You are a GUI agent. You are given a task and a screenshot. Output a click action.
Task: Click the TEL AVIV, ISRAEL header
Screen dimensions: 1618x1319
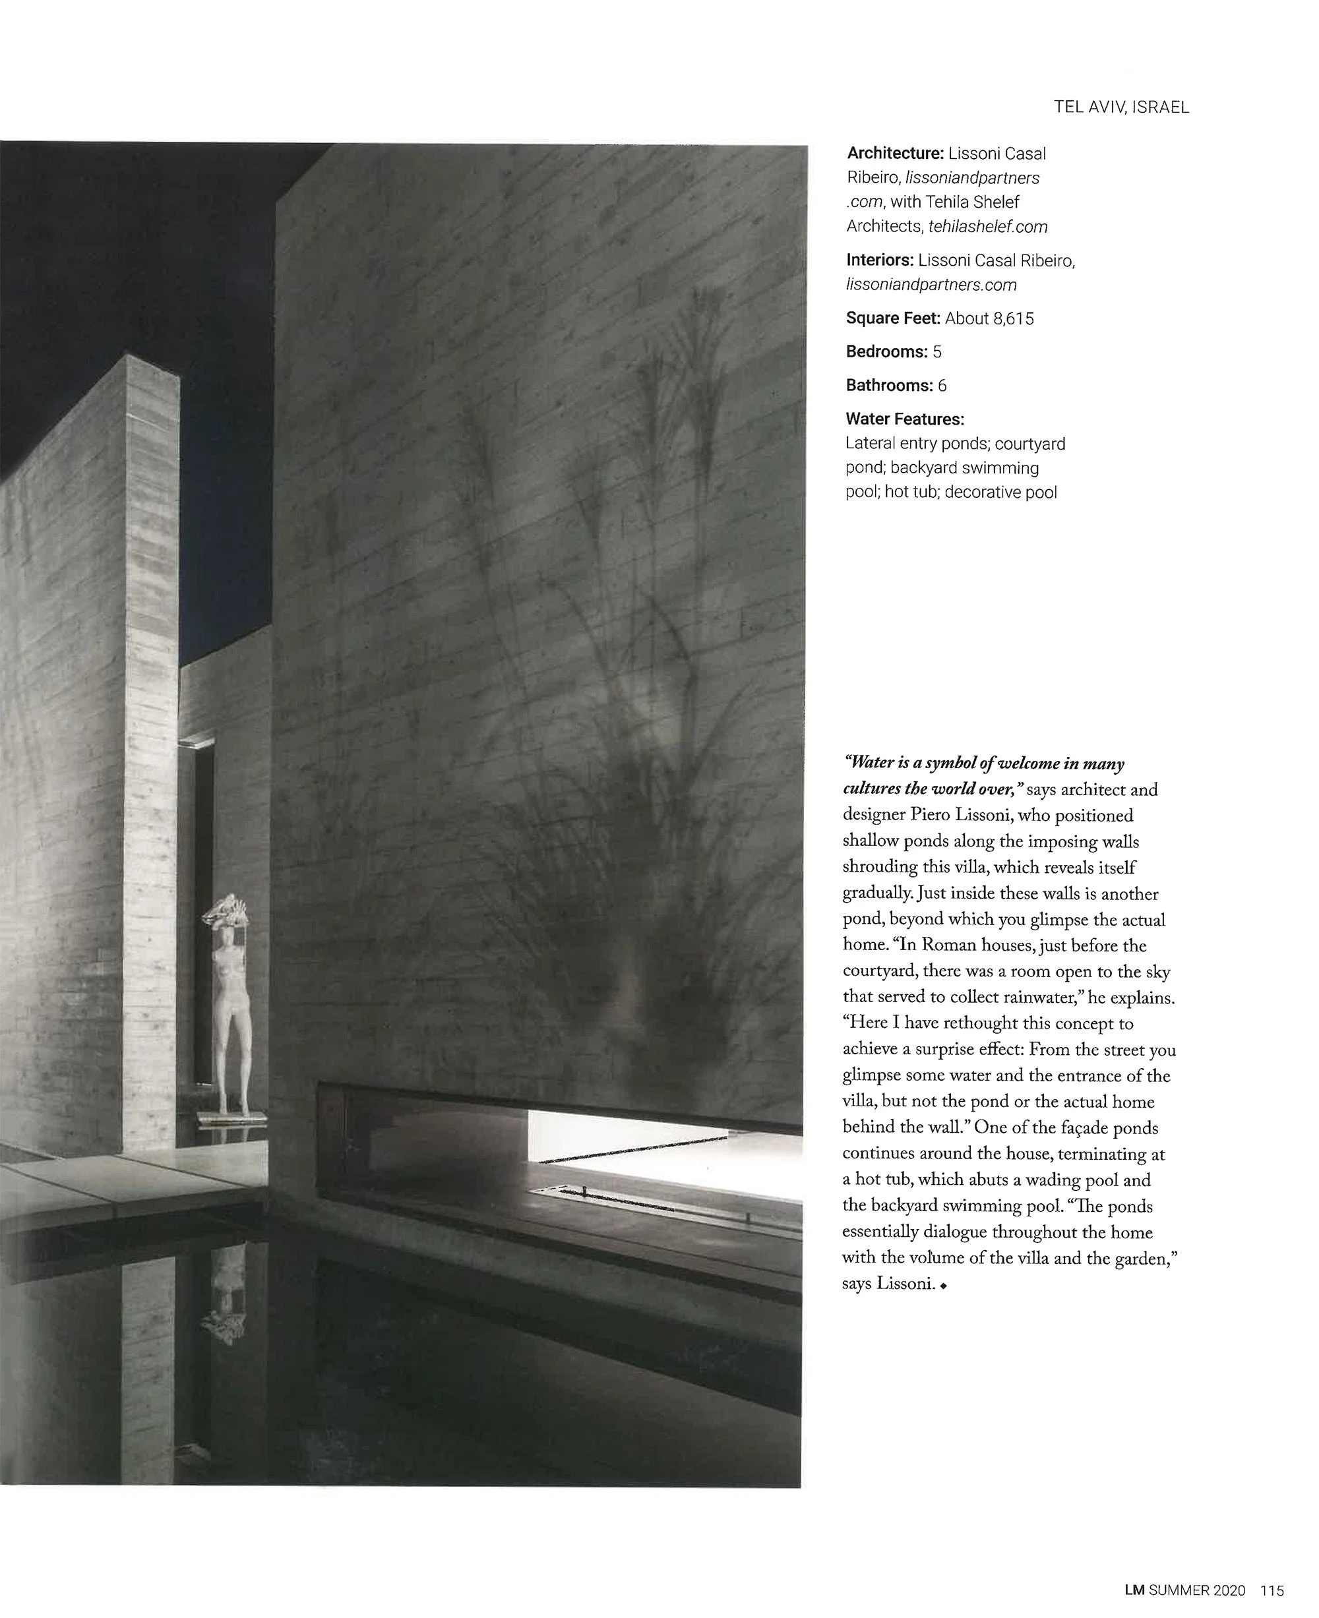1120,107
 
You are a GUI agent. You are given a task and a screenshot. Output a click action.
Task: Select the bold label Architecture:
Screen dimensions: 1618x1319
895,154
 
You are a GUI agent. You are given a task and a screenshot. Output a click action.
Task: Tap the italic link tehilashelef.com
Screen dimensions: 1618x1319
988,226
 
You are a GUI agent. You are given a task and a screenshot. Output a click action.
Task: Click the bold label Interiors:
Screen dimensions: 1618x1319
879,260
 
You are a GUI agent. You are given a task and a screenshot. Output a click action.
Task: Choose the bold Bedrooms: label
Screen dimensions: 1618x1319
886,351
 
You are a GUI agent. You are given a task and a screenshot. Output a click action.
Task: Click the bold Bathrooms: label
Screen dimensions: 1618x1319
889,386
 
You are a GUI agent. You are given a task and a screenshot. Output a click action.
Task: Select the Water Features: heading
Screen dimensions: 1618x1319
904,419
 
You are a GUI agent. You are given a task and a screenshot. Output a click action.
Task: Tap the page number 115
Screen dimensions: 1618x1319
1272,1590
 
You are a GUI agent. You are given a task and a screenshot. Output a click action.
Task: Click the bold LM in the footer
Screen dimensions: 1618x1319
1134,1590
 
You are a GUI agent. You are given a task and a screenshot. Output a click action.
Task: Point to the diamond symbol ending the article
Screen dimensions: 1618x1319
943,1286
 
